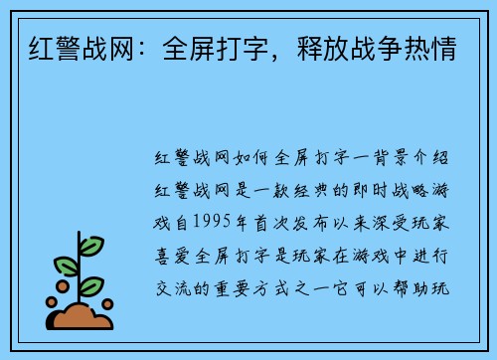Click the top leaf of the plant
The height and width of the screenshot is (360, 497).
click(91, 245)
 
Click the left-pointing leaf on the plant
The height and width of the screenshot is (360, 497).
click(66, 266)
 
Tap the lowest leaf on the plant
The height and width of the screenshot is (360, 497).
click(91, 285)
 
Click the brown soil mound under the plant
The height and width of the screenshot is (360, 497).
click(83, 316)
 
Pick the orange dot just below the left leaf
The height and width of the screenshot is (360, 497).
click(64, 284)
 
